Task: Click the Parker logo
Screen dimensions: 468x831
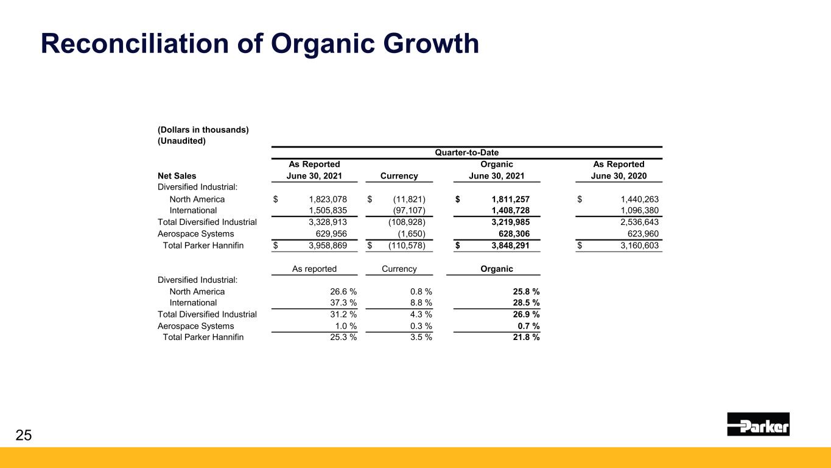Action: [758, 424]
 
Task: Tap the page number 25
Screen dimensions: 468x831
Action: [23, 434]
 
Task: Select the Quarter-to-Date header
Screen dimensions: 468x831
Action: [466, 153]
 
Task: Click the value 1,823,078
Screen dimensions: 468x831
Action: [323, 199]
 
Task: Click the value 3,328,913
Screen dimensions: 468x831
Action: [323, 222]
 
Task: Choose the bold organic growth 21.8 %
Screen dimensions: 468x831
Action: [524, 337]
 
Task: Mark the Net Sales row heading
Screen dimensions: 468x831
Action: [177, 176]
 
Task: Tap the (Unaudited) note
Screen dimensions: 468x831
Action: [181, 141]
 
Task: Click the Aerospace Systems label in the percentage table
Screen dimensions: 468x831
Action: [195, 326]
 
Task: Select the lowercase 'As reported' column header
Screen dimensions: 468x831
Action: [314, 269]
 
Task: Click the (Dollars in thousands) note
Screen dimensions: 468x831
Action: [203, 130]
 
